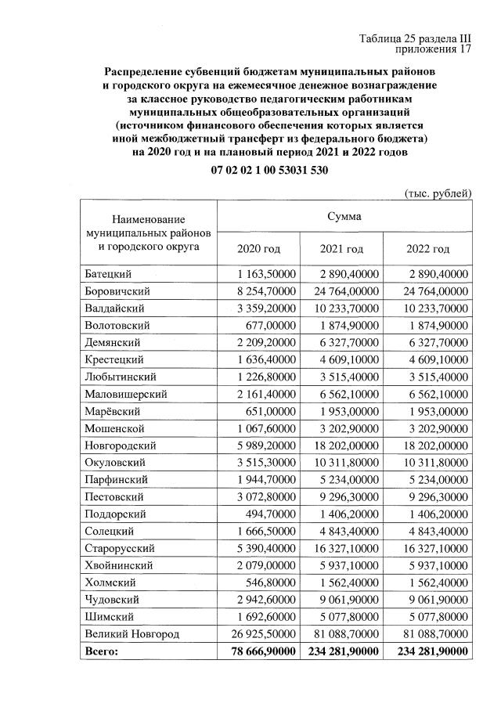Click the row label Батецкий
(x=107, y=274)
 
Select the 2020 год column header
(x=258, y=249)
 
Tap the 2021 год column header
(x=341, y=249)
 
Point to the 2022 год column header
(x=427, y=249)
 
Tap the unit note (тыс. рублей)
(x=438, y=193)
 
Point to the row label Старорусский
(x=120, y=548)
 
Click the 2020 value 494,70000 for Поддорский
(x=270, y=514)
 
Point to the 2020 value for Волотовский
(x=270, y=325)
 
